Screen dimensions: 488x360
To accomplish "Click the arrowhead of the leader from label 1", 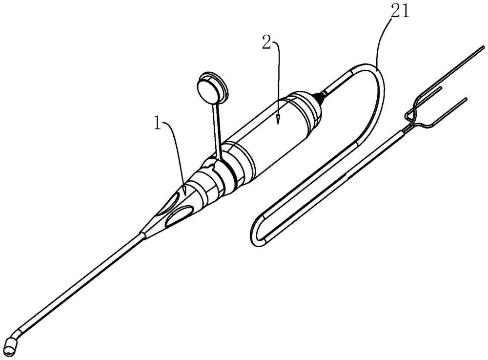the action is tap(184, 191).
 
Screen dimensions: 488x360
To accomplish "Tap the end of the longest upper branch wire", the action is tap(483, 47).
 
